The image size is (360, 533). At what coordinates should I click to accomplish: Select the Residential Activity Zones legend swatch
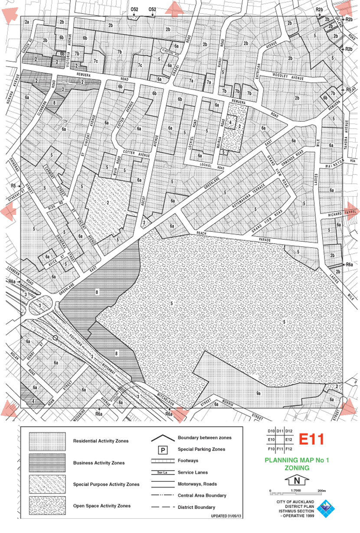(x=47, y=441)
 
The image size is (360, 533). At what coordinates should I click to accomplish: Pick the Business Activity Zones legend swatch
(x=47, y=463)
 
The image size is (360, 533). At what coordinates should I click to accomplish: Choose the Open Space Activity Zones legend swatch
(x=47, y=505)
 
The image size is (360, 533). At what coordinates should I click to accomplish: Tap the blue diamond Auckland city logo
(x=327, y=508)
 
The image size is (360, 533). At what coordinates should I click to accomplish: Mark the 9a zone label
(x=259, y=393)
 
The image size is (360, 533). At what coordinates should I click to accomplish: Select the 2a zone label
(x=27, y=22)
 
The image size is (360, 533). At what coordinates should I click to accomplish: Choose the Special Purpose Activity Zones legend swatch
(x=47, y=484)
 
